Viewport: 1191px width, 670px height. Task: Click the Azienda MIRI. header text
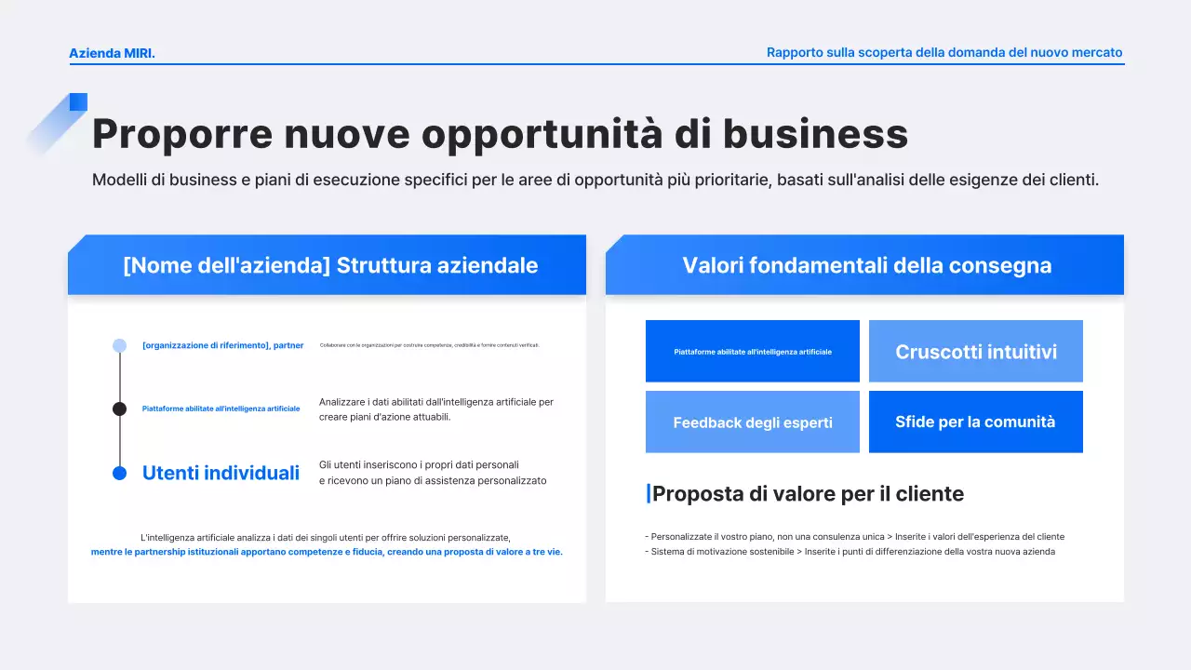click(x=112, y=53)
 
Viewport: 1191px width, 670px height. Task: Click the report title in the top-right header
click(x=944, y=53)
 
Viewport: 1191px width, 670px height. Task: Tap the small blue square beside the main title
click(x=78, y=101)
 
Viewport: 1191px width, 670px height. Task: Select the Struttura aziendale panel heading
click(x=330, y=265)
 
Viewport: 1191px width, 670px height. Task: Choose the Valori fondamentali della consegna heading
click(x=866, y=265)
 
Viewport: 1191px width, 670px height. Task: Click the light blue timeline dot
click(x=119, y=345)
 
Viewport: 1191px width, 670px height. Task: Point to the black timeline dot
click(x=119, y=409)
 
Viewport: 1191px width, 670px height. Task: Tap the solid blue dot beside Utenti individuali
click(x=119, y=473)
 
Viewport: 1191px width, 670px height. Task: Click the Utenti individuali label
click(x=221, y=473)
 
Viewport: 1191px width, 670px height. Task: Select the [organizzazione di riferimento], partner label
click(x=222, y=345)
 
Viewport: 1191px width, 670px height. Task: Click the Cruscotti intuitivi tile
click(x=975, y=352)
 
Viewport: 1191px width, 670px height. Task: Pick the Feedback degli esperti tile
click(x=752, y=422)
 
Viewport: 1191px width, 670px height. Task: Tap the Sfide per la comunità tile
click(x=975, y=422)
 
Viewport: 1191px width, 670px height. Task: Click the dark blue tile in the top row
click(x=752, y=352)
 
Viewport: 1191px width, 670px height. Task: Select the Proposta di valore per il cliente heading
click(x=807, y=494)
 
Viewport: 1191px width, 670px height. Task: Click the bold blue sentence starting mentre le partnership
click(x=327, y=552)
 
